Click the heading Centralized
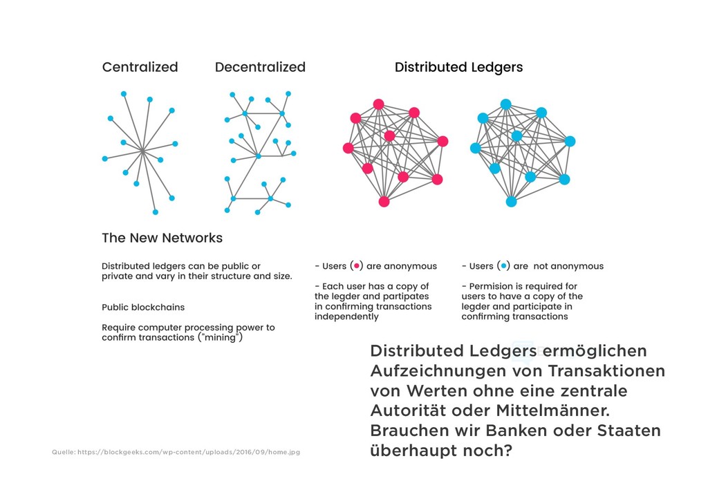pyautogui.click(x=140, y=67)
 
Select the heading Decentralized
pyautogui.click(x=260, y=67)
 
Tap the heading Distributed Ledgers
pyautogui.click(x=458, y=67)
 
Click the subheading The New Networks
pyautogui.click(x=162, y=238)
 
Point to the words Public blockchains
pyautogui.click(x=143, y=307)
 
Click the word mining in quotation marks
pyautogui.click(x=221, y=338)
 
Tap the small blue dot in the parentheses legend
pyautogui.click(x=504, y=266)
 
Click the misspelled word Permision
pyautogui.click(x=494, y=286)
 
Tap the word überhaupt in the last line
pyautogui.click(x=411, y=451)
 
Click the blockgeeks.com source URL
pyautogui.click(x=189, y=452)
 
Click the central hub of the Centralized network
pyautogui.click(x=141, y=150)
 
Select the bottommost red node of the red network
pyautogui.click(x=384, y=202)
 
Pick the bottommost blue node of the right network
pyautogui.click(x=511, y=202)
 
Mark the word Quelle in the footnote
pyautogui.click(x=63, y=452)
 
